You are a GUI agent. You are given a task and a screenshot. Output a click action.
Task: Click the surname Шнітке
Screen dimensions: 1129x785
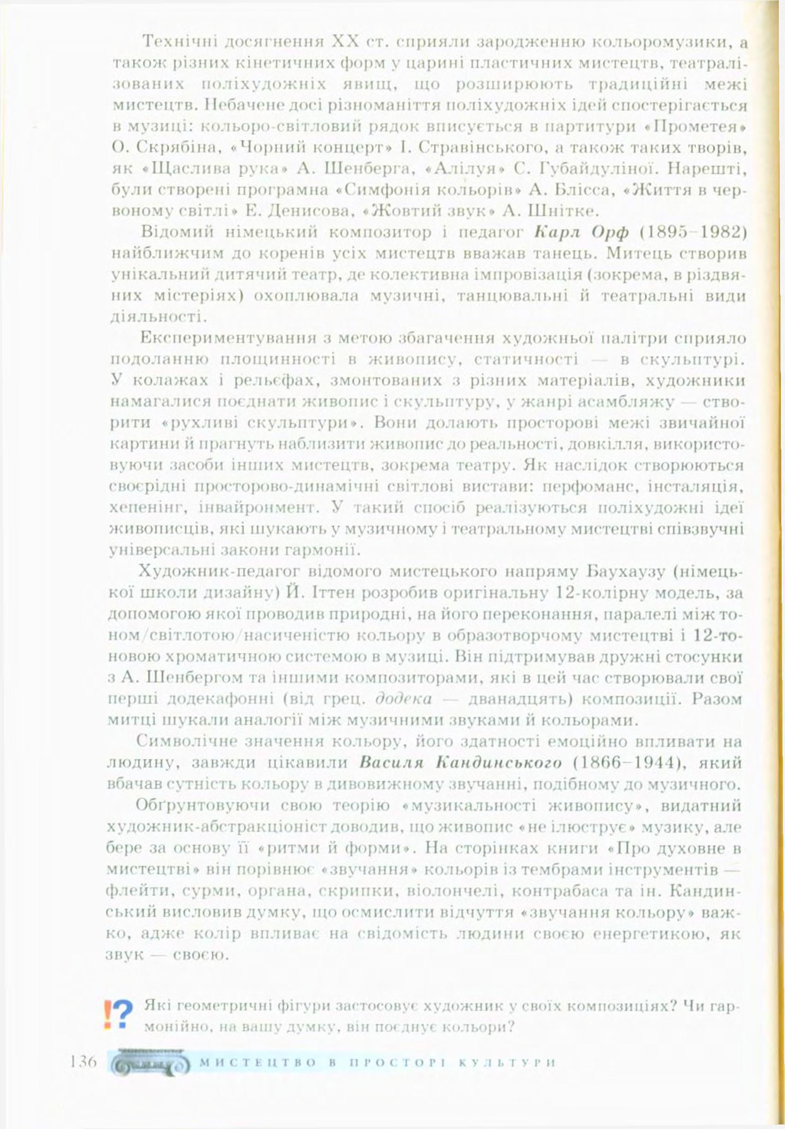562,211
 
